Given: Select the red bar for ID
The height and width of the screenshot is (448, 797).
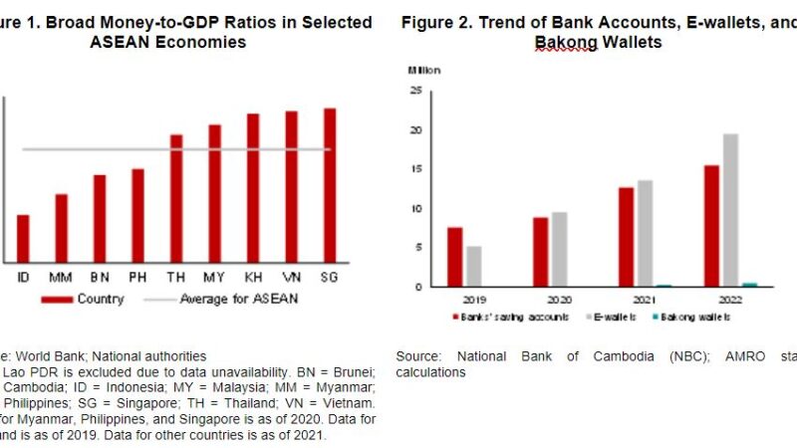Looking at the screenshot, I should (23, 237).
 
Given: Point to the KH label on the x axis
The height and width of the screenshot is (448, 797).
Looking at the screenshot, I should (253, 276).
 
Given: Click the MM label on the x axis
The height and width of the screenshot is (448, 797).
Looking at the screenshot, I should (62, 276).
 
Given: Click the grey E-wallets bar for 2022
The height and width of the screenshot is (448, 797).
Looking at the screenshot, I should (731, 210).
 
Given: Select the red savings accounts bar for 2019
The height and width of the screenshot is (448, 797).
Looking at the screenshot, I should (455, 257).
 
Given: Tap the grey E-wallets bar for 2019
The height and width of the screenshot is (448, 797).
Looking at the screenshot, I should (473, 266).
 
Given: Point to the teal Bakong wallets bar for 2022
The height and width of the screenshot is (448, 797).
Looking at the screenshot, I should (749, 285).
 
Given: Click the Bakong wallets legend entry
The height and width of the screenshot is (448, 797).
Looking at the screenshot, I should (695, 317).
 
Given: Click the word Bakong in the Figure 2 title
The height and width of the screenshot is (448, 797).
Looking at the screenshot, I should (564, 43).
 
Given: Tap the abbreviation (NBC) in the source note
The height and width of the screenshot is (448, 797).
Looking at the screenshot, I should (608, 355).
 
